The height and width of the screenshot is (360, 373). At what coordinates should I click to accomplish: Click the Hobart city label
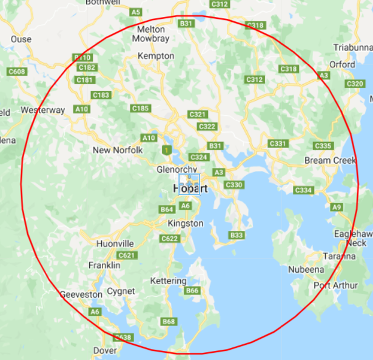pos(190,188)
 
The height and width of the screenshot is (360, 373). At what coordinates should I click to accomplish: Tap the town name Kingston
pos(186,223)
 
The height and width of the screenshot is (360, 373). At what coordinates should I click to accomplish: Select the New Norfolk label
pos(118,150)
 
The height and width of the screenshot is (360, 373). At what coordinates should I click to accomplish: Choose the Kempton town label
pos(156,56)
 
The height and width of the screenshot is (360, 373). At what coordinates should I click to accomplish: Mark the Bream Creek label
pos(331,160)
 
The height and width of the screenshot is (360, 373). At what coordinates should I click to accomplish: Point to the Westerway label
pos(42,110)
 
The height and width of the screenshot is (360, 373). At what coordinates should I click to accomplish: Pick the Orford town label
pos(342,64)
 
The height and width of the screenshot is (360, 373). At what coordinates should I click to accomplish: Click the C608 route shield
pos(17,72)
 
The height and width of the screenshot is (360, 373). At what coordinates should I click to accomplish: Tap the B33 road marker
pos(236,235)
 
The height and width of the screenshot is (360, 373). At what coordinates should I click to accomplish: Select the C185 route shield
pos(140,108)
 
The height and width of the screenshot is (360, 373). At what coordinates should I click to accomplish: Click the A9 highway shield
pos(337,207)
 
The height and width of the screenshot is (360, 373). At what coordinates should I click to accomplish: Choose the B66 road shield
pos(192,291)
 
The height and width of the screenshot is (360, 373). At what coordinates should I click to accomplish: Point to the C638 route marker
pos(123,338)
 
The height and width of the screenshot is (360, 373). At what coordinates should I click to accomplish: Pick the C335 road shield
pos(323,146)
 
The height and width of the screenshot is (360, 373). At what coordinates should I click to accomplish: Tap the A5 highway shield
pos(136,12)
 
